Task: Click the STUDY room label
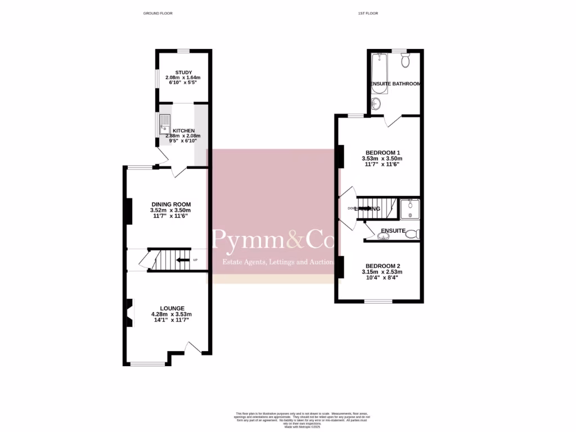[183, 73]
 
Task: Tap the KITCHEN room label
[183, 130]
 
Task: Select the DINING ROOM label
[171, 204]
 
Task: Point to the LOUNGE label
[172, 308]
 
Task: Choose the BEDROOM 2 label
[382, 266]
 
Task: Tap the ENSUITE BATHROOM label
[395, 84]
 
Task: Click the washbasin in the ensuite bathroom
[376, 103]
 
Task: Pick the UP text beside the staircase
[195, 260]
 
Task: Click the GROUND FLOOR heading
[158, 13]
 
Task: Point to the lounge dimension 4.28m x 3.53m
[172, 314]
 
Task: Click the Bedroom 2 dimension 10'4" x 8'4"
[382, 278]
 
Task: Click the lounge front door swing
[195, 348]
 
